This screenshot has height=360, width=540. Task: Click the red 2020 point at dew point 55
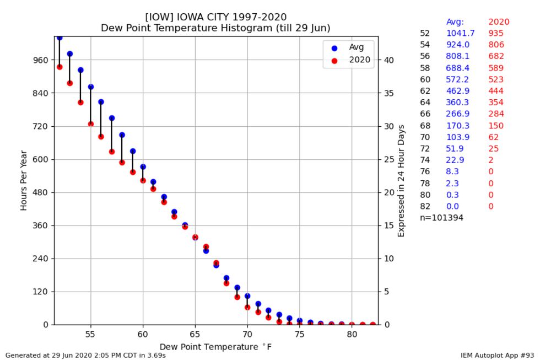click(x=91, y=124)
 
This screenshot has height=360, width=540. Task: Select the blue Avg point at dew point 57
click(x=112, y=118)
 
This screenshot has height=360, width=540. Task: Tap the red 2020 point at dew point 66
click(x=206, y=247)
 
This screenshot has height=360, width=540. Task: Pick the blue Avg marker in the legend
click(x=334, y=48)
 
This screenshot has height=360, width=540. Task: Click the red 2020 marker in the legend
click(x=334, y=60)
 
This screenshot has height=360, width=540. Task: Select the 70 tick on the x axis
click(x=247, y=334)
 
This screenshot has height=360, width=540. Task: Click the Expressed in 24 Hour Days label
click(x=401, y=181)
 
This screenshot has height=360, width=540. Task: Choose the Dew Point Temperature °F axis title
click(x=215, y=346)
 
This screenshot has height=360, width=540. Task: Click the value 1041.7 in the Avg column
click(x=460, y=33)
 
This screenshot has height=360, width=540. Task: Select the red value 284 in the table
click(x=496, y=114)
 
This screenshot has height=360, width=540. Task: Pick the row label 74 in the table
click(x=425, y=160)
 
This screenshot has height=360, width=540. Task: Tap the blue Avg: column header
click(x=455, y=22)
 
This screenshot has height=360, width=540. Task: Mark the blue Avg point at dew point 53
click(x=70, y=54)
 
